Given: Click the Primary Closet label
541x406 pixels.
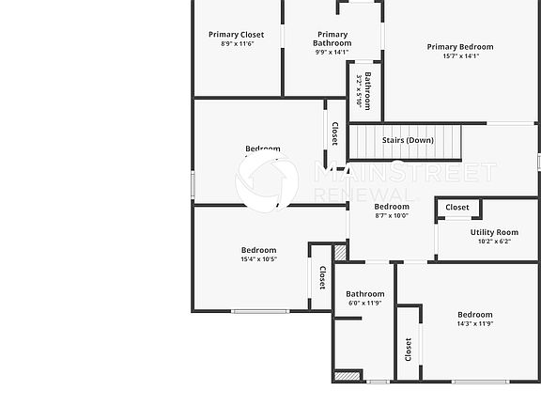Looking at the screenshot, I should click(x=237, y=35).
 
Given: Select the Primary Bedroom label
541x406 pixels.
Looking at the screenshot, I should click(x=460, y=46).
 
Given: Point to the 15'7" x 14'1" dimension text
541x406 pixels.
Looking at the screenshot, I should click(x=460, y=55).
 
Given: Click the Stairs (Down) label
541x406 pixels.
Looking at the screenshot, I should click(x=408, y=140).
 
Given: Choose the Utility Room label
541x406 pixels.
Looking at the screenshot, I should click(x=494, y=232).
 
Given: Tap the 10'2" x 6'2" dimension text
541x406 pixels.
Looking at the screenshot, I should click(x=494, y=242).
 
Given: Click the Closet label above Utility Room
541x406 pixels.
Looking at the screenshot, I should click(x=457, y=207).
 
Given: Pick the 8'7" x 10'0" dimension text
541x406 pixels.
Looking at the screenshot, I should click(x=392, y=216).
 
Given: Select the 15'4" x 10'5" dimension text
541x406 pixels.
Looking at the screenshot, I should click(x=258, y=258).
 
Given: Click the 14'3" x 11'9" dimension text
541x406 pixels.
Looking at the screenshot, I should click(x=474, y=323).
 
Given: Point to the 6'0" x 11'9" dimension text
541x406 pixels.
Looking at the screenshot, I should click(x=364, y=303).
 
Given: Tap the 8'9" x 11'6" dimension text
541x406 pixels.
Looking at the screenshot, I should click(x=237, y=43).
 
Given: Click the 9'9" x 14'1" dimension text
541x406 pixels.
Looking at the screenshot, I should click(x=332, y=52).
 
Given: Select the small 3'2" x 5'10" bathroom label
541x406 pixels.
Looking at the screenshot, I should click(x=359, y=89).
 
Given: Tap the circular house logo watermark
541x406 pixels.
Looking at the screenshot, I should click(x=267, y=182).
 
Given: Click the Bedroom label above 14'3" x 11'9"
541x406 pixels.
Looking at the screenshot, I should click(x=474, y=314).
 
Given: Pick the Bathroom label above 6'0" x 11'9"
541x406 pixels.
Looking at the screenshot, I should click(x=364, y=293).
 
